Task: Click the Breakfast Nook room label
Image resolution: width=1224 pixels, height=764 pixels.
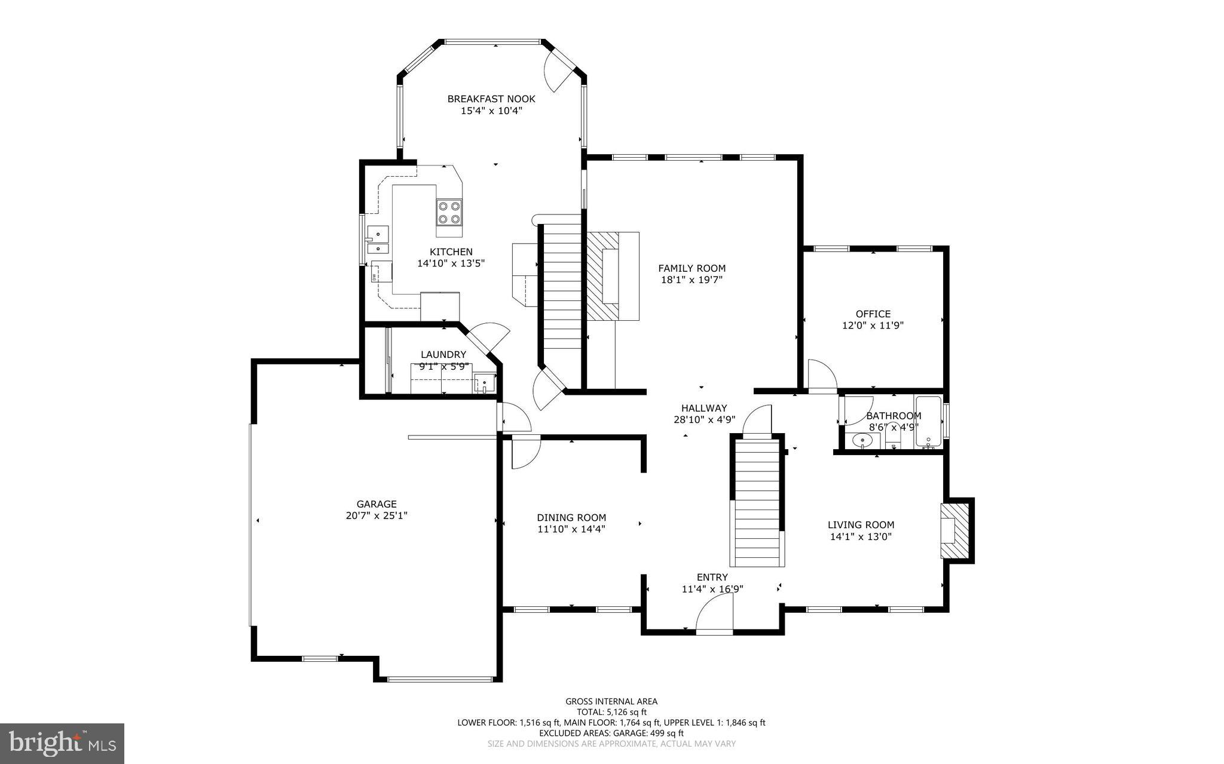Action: coord(491,99)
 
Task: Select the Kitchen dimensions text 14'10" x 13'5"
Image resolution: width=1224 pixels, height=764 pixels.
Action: coord(451,263)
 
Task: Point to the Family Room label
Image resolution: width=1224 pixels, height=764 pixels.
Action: coord(691,268)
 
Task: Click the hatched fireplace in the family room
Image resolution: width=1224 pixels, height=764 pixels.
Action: coord(602,277)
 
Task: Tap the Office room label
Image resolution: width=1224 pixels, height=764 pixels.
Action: coord(873,314)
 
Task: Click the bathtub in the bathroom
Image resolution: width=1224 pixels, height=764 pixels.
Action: coord(928,422)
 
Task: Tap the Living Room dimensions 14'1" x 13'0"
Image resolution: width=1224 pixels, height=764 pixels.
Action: coord(861,536)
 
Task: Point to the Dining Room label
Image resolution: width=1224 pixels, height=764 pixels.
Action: coord(571,517)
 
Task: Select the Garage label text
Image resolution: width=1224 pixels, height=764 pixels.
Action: coord(377,504)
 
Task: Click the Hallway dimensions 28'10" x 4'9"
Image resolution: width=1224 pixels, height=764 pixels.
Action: coord(704,419)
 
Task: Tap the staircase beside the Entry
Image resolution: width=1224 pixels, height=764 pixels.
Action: coord(757,502)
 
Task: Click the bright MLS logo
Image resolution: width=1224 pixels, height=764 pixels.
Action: coord(62,743)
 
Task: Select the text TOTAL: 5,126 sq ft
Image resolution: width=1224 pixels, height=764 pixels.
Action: coord(611,712)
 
